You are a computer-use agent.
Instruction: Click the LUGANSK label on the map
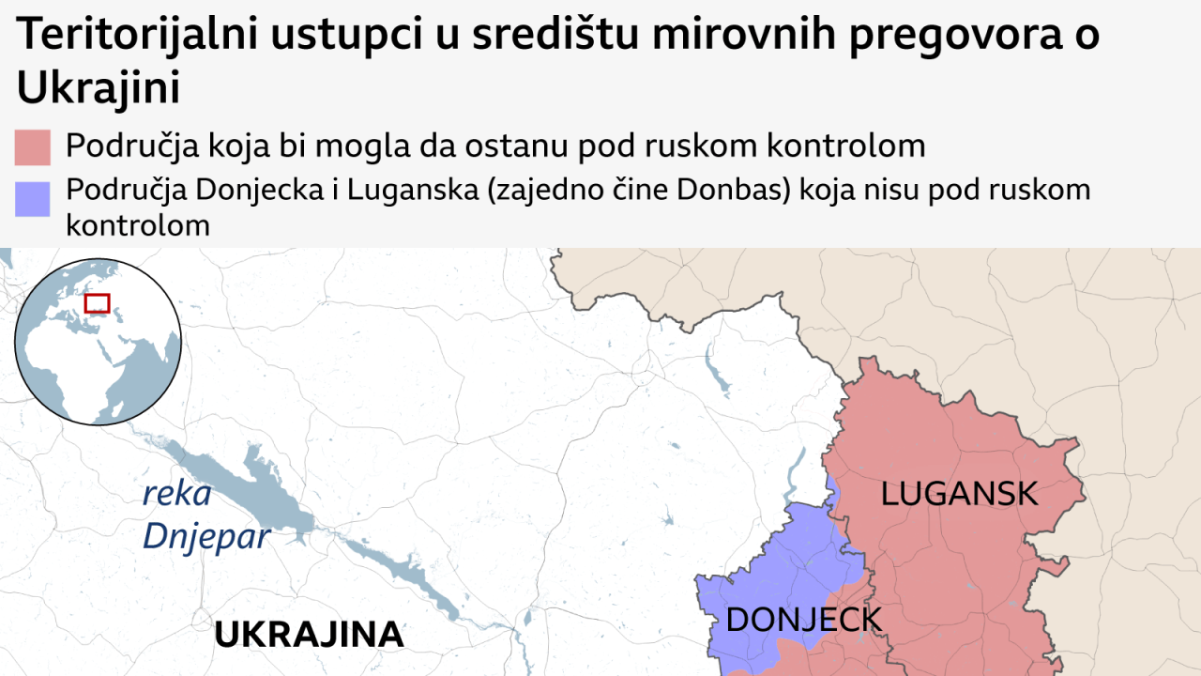(959, 494)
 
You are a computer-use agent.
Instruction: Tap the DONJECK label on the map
(804, 620)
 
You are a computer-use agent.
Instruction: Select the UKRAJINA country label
(309, 635)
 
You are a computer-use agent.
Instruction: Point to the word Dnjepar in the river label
(206, 537)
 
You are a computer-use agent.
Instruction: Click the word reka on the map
(176, 495)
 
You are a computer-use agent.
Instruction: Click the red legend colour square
(32, 147)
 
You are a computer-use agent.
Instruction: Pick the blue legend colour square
(32, 199)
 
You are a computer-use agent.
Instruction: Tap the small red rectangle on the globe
(97, 303)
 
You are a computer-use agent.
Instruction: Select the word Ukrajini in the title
(98, 88)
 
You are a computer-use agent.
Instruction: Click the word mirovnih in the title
(736, 36)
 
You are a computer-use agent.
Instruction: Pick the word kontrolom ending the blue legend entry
(138, 225)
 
